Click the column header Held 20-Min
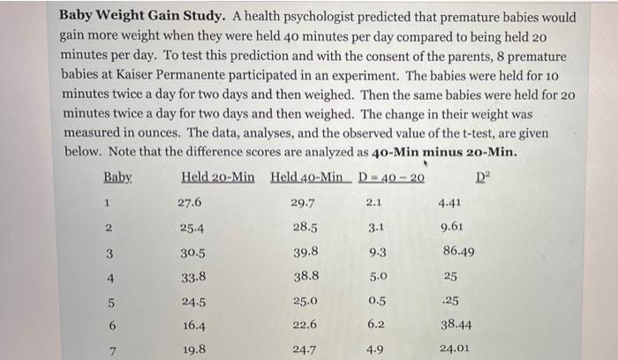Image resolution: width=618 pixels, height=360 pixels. click(x=217, y=177)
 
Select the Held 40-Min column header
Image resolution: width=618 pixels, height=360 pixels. click(x=306, y=177)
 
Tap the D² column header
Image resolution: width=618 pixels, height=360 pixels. click(x=481, y=177)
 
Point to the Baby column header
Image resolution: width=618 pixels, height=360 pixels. click(x=117, y=177)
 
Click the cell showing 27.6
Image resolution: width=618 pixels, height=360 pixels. click(x=190, y=202)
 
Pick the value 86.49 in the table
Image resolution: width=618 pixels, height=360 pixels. click(x=456, y=251)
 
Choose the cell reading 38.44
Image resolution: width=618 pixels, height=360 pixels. click(x=456, y=325)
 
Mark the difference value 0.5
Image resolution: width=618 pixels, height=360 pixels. click(x=374, y=301)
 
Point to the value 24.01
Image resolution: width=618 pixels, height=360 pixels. click(x=456, y=349)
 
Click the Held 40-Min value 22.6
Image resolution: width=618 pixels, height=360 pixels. click(x=304, y=325)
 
